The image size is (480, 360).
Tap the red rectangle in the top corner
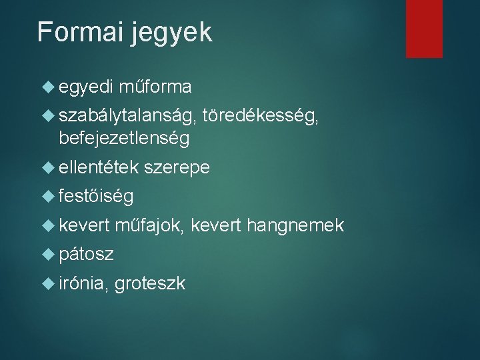424,28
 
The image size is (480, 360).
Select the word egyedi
86,87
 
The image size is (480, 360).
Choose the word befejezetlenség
124,139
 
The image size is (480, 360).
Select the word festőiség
96,197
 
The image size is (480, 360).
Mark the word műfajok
149,226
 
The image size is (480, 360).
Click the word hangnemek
295,226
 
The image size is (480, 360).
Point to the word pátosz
86,255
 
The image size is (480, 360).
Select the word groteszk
150,284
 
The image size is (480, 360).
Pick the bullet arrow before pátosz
47,254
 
